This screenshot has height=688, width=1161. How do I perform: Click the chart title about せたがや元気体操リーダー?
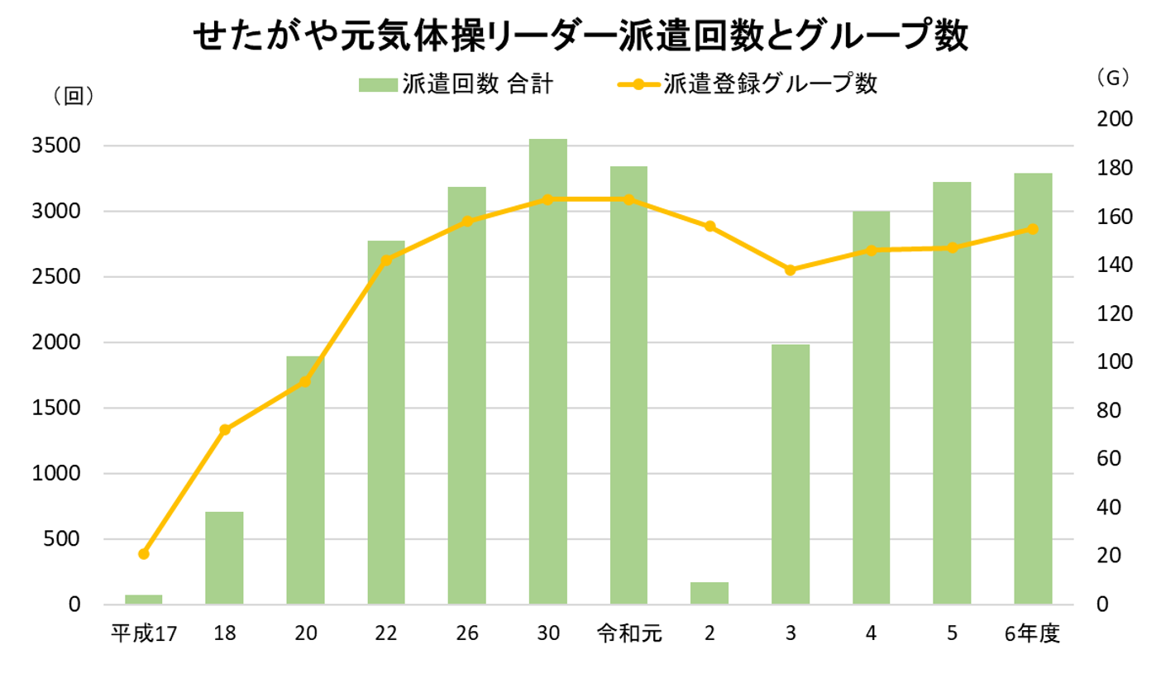pos(580,37)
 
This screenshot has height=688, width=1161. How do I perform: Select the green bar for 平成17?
pos(144,600)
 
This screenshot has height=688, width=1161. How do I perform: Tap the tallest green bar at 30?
pos(548,372)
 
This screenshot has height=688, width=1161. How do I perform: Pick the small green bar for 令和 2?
pos(710,593)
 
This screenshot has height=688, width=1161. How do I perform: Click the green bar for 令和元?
pos(629,385)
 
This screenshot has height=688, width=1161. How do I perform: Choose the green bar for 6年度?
pos(1033,389)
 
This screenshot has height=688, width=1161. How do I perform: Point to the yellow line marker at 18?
pos(225,429)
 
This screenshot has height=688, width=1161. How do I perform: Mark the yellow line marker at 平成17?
pos(144,553)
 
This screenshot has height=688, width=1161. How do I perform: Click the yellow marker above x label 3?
pos(791,270)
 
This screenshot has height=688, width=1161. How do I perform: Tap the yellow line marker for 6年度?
pos(1033,228)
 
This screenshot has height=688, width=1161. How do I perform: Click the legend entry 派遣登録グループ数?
pos(748,84)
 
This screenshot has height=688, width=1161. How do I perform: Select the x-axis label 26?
pos(467,634)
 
